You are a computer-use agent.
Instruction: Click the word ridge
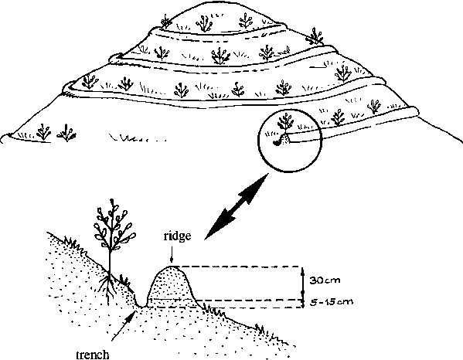coord(178,236)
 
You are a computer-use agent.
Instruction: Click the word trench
coord(93,355)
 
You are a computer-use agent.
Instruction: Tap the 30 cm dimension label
coord(325,280)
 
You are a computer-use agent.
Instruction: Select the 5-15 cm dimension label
coord(332,302)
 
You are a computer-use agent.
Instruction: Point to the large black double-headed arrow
coord(237,206)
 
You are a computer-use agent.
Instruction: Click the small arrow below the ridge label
coord(172,254)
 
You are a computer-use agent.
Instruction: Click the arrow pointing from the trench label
coord(124,326)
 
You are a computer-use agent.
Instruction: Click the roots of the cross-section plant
coord(108,286)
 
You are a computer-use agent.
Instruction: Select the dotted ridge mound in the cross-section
coord(172,287)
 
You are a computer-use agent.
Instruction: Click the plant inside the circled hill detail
coord(285,123)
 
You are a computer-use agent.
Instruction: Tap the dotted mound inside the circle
coord(284,139)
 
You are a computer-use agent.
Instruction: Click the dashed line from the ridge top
coord(239,267)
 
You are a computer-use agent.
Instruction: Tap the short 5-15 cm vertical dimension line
coord(303,304)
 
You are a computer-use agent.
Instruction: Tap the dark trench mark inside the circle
coord(277,143)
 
